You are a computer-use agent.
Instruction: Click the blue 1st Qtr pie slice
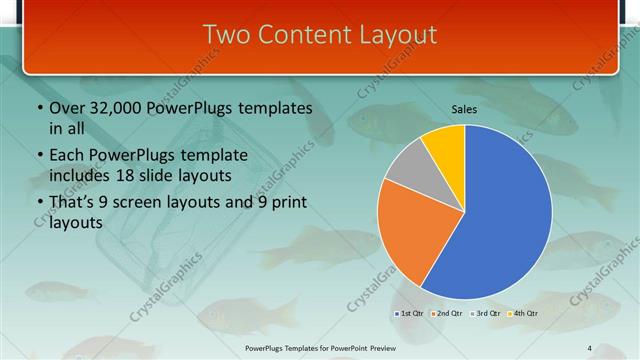[500, 220]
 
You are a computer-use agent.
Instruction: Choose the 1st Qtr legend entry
[410, 314]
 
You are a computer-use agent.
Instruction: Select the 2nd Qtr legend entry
[448, 314]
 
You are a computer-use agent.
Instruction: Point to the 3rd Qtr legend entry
[486, 314]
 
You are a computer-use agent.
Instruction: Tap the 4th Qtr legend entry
[524, 314]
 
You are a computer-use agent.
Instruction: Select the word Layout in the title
[398, 35]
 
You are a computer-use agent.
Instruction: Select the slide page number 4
[590, 347]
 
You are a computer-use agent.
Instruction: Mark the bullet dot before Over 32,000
[39, 108]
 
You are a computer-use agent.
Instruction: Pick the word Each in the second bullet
[68, 155]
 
